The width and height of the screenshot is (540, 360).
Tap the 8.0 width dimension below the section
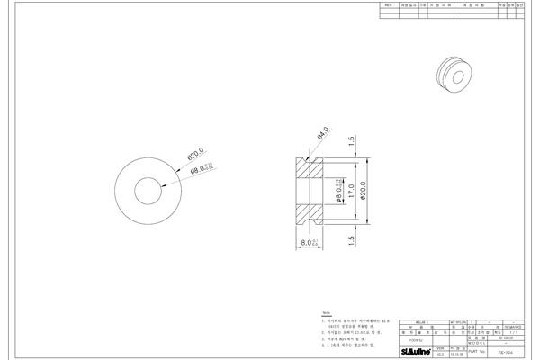coord(309,243)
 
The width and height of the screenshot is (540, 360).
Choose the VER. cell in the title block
coord(440,346)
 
